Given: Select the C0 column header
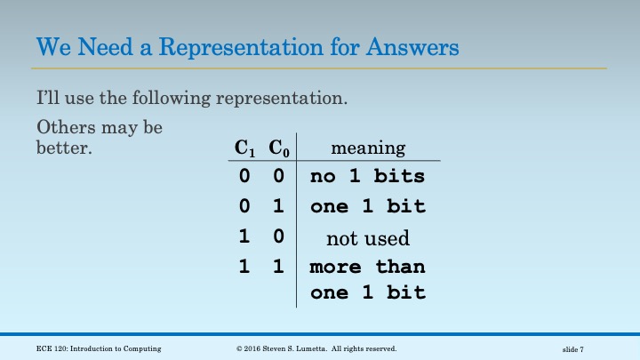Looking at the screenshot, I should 279,148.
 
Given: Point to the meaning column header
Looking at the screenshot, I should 367,148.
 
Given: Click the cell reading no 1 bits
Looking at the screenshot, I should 367,176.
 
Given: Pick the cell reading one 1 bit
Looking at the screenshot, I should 367,206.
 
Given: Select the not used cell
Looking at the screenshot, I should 367,237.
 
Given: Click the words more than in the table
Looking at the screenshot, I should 367,267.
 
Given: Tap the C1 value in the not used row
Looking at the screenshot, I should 244,237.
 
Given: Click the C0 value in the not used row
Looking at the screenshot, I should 278,237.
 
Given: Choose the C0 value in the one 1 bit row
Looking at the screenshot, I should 278,206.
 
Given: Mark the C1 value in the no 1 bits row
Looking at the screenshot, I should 244,176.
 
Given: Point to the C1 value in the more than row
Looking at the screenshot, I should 244,267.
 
